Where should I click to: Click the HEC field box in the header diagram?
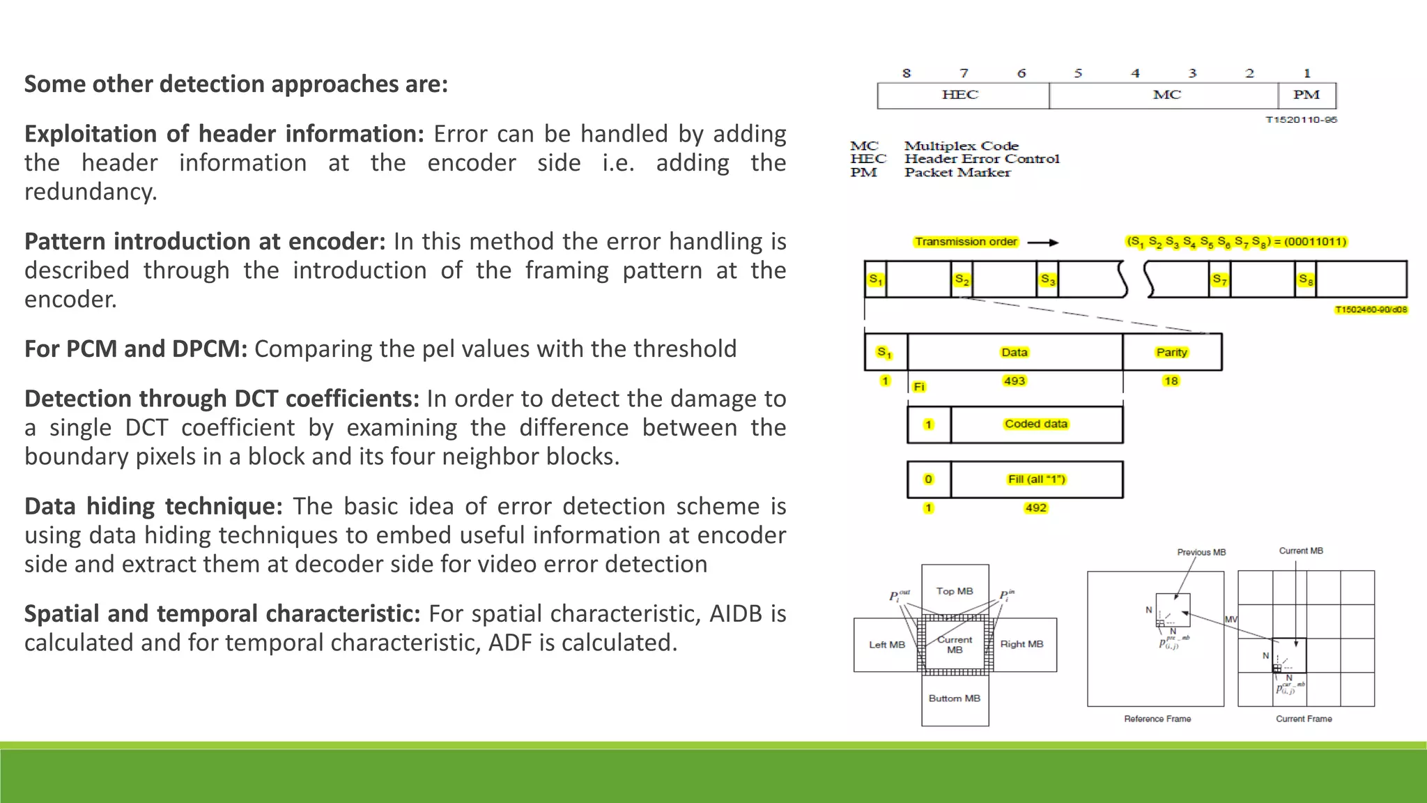(962, 95)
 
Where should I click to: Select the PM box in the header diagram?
(1306, 95)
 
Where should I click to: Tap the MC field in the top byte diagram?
(1165, 95)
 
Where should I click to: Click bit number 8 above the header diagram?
(906, 73)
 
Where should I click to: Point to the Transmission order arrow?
(1043, 243)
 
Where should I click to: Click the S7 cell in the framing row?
(1219, 280)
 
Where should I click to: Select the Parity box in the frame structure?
(1171, 352)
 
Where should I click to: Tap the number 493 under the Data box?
(1015, 381)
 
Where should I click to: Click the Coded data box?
(1036, 424)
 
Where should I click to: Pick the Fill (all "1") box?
(1036, 480)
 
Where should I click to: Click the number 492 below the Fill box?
(1035, 507)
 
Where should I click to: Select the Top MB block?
(955, 590)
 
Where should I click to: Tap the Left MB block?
(886, 645)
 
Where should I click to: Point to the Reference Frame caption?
(1157, 719)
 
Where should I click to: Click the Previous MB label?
(1201, 552)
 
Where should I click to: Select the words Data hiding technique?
(153, 506)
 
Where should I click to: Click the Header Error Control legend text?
(982, 159)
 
